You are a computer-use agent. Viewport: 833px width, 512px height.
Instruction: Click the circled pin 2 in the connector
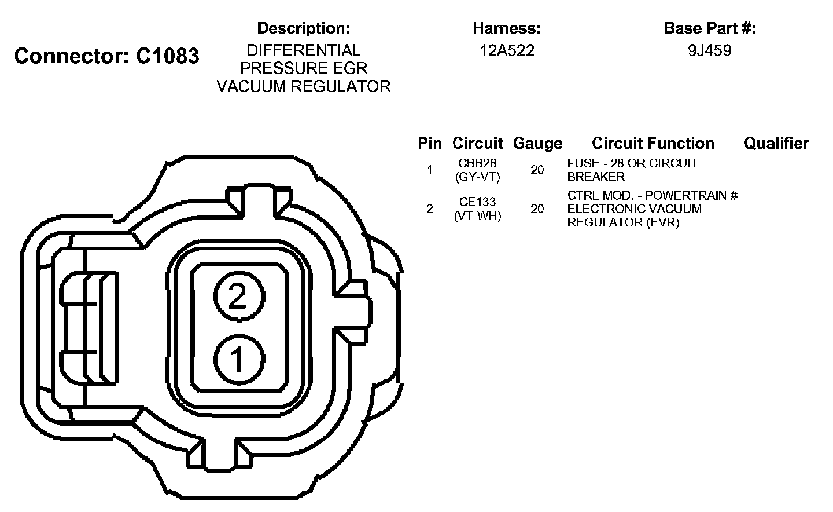[x=239, y=297]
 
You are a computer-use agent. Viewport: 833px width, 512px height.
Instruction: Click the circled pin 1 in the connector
[x=239, y=359]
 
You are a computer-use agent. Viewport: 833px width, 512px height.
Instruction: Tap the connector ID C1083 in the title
[x=167, y=56]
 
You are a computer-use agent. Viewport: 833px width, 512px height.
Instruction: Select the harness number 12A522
[x=507, y=50]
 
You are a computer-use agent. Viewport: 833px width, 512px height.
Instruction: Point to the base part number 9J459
[x=710, y=50]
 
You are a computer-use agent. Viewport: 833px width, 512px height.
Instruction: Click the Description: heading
[x=304, y=28]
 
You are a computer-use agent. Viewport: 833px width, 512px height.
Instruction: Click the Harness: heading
[x=507, y=28]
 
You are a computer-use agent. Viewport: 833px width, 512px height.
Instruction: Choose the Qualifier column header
[x=776, y=144]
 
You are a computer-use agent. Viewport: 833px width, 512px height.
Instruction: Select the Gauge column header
[x=537, y=144]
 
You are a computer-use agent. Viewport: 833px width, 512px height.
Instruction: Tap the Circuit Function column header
[x=653, y=144]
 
